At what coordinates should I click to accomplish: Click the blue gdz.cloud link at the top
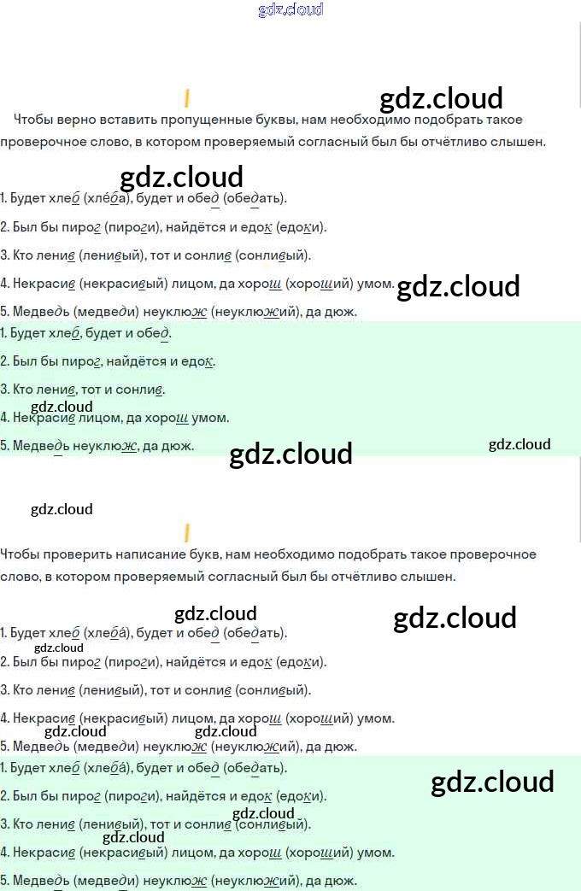click(x=290, y=10)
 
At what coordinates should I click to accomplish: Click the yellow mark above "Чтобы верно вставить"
click(x=186, y=98)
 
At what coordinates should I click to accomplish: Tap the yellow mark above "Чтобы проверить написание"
click(x=186, y=533)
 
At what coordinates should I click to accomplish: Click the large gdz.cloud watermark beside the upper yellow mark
click(x=441, y=99)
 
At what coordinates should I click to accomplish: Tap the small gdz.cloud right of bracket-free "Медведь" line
click(x=519, y=444)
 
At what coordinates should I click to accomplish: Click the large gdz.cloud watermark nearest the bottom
click(x=492, y=783)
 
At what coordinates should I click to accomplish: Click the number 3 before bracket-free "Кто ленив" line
click(x=3, y=390)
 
